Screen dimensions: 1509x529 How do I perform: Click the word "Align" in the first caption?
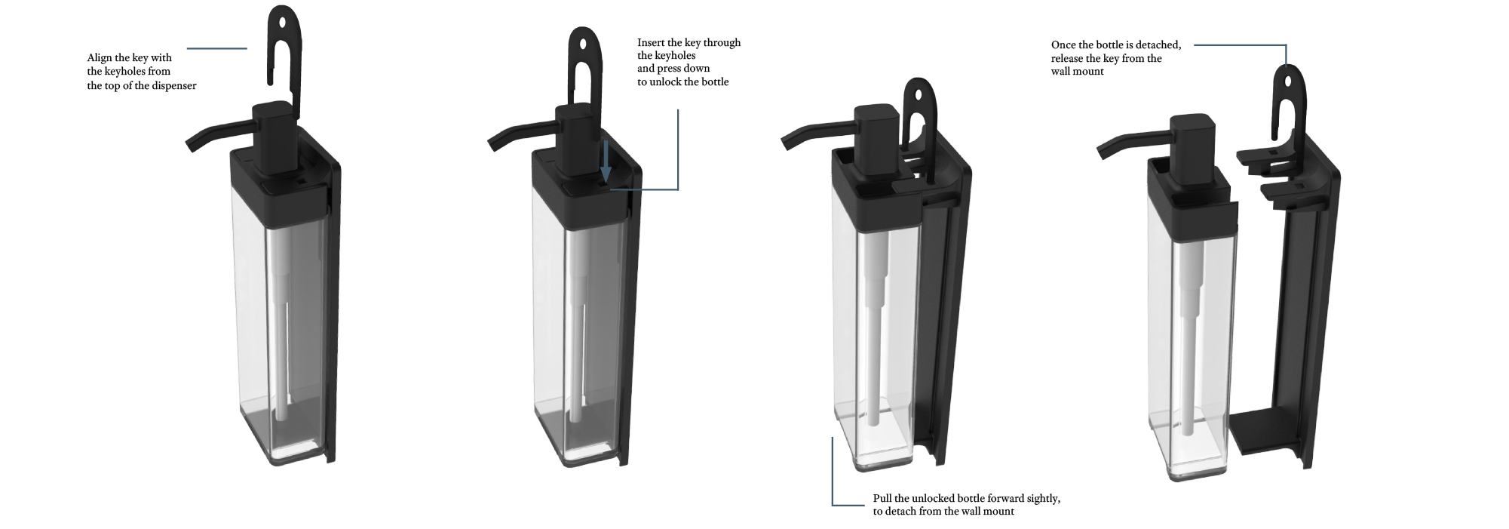coord(100,58)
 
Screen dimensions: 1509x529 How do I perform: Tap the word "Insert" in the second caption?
coord(651,42)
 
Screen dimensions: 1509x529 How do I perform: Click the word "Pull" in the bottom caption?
coord(882,499)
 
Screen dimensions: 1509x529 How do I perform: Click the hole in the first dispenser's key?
coord(282,22)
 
